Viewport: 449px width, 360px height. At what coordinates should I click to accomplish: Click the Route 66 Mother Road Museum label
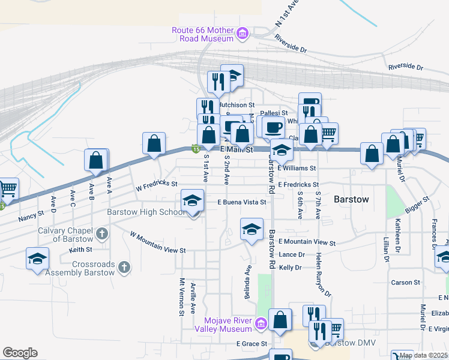point(202,34)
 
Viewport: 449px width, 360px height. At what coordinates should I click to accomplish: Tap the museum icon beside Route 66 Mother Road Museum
point(243,34)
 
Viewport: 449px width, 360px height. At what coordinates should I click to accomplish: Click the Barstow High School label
point(146,212)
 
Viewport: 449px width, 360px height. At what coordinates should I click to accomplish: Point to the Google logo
point(20,353)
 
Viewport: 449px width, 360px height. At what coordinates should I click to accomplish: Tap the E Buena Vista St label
point(241,203)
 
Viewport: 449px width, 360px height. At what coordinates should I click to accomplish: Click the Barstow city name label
point(351,199)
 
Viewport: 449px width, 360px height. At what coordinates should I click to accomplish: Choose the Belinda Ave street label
point(248,278)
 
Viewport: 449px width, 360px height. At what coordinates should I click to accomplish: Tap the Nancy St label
point(31,213)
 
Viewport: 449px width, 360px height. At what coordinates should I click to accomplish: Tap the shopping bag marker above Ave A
point(96,161)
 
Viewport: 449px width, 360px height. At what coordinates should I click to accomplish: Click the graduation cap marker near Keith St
point(37,259)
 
